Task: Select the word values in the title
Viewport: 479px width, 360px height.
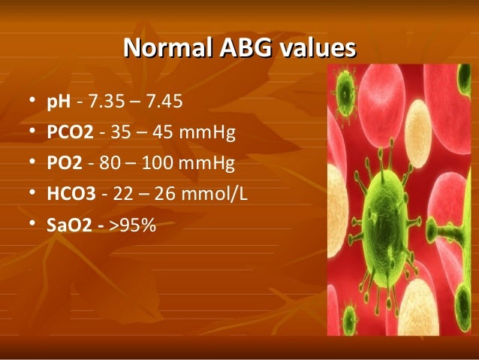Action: (316, 49)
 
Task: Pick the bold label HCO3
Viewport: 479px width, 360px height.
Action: (71, 193)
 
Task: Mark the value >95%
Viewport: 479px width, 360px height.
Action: (133, 223)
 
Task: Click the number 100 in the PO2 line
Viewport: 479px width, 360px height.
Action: (162, 163)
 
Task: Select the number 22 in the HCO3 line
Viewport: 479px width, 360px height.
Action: (121, 193)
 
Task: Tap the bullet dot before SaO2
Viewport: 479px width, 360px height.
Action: (29, 224)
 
